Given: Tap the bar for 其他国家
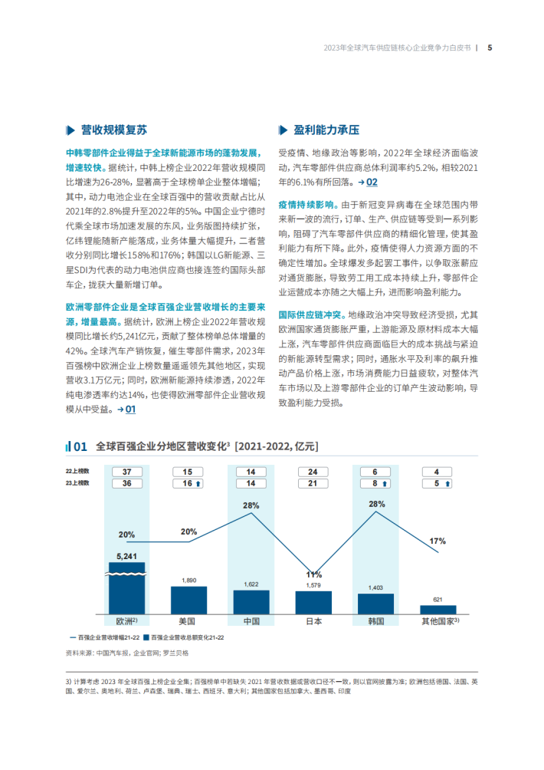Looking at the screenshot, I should tap(437, 609).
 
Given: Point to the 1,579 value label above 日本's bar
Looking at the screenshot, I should tap(313, 586).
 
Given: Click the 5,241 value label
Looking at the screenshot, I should tap(126, 556).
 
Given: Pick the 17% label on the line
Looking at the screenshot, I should tap(437, 541).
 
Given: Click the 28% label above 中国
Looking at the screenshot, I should tap(251, 505).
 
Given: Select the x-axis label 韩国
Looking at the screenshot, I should tap(375, 621).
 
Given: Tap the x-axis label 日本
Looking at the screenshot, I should tap(313, 621).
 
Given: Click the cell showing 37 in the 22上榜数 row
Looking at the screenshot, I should tap(126, 472).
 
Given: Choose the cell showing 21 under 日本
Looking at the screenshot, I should tap(313, 483).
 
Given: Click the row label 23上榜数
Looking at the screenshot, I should tap(77, 483).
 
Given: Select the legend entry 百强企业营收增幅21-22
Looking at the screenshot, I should tap(105, 637).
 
